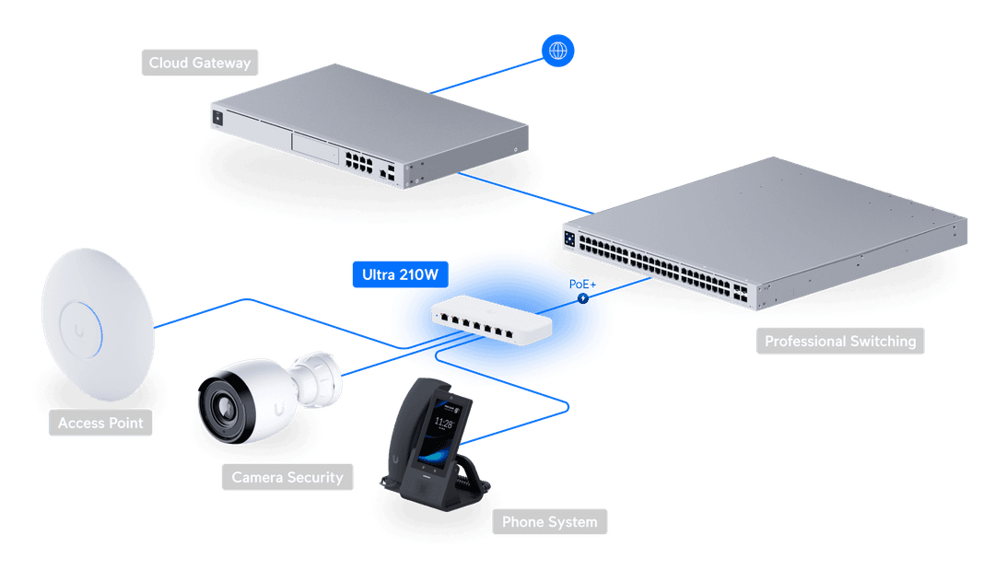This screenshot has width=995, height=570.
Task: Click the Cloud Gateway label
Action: (x=200, y=64)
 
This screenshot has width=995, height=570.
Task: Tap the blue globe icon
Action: (x=557, y=50)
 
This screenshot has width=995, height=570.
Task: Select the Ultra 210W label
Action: (x=394, y=274)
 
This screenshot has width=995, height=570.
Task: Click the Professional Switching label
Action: (x=840, y=341)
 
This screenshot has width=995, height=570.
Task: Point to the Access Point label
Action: (x=100, y=423)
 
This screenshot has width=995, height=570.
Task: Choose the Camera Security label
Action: (x=287, y=477)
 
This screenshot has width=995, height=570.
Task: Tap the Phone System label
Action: (x=549, y=522)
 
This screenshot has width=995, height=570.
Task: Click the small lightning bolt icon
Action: (x=582, y=298)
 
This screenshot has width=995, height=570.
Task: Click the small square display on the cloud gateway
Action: (x=218, y=117)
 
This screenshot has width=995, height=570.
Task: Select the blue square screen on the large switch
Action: (x=569, y=238)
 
